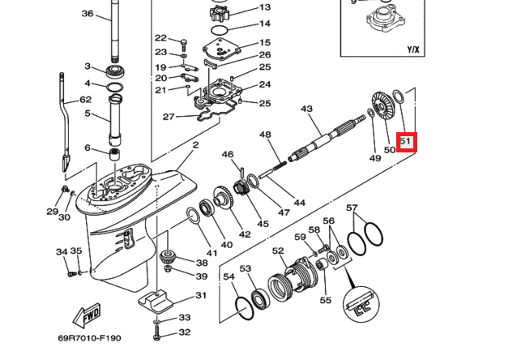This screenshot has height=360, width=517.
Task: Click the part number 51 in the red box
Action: pos(407,143)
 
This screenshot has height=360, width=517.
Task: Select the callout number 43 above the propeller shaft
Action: pos(306,109)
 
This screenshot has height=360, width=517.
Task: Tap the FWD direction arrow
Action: pos(86,313)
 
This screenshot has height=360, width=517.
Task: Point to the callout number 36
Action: pos(88,14)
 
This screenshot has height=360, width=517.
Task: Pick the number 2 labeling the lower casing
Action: pos(195,145)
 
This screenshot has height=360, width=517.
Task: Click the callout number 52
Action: pos(278,251)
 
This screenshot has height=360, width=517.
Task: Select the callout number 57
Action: pos(352,208)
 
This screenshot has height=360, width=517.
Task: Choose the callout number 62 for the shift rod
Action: pos(85,101)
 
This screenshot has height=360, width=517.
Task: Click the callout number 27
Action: pos(169,117)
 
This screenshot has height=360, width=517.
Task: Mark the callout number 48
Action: pos(265,135)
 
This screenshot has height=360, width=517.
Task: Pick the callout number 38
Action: pos(202,262)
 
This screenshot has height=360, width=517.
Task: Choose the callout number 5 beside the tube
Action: pos(88,114)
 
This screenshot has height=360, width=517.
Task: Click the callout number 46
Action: pos(228,154)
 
